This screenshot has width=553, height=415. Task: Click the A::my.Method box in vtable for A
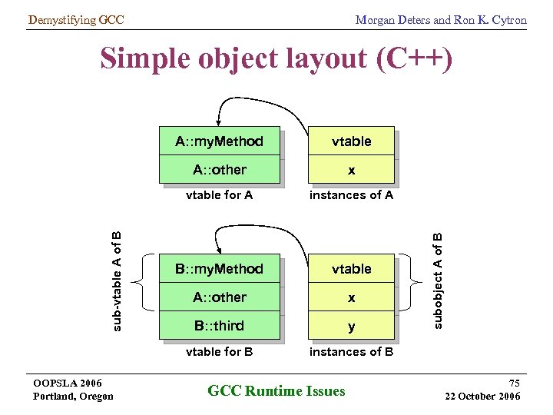coord(219,141)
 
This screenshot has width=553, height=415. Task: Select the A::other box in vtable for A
coord(219,170)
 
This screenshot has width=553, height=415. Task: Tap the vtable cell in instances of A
coord(351,141)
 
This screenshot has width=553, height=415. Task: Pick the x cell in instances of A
coord(351,170)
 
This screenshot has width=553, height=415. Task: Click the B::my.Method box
coord(219,269)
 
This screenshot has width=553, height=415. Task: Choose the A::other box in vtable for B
coord(219,297)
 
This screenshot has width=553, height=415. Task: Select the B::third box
coord(219,326)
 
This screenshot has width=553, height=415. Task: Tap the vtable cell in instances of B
coord(351,269)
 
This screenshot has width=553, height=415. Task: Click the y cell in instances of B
coord(351,326)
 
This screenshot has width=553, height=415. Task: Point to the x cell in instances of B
coord(351,297)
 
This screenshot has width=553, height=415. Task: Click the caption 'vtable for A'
coord(219,195)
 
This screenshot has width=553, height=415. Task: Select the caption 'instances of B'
coord(351,352)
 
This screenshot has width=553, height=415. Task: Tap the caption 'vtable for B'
coord(219,352)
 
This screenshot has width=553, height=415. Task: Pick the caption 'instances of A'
coord(351,195)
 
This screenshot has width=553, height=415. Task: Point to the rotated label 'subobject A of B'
coord(437,281)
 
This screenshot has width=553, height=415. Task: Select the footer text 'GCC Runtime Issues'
coord(276,391)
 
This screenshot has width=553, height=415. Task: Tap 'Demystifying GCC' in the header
coord(75,20)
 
